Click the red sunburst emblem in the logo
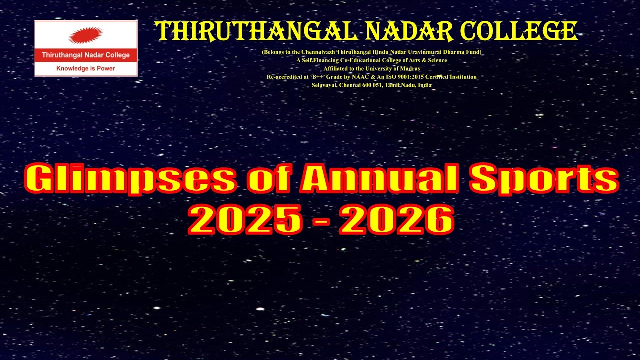[x=86, y=35]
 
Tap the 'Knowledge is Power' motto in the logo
[x=86, y=68]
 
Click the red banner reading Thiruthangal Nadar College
[x=86, y=55]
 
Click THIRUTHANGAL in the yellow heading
[x=257, y=31]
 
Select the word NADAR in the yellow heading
[x=409, y=31]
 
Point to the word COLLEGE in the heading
[x=520, y=31]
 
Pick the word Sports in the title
[x=544, y=179]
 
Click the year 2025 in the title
[x=245, y=220]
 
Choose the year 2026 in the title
[x=396, y=220]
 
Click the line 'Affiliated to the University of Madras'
[x=371, y=69]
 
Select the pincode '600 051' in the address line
[x=373, y=85]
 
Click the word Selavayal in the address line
[x=325, y=85]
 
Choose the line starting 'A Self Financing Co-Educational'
[x=371, y=60]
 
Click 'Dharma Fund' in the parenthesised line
[x=461, y=52]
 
